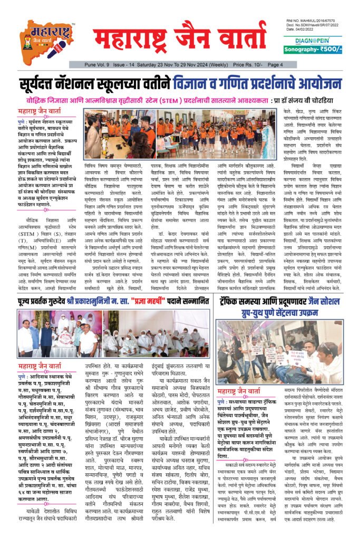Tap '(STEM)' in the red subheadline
[x=193, y=100]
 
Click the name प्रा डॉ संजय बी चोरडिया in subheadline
[x=304, y=100]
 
